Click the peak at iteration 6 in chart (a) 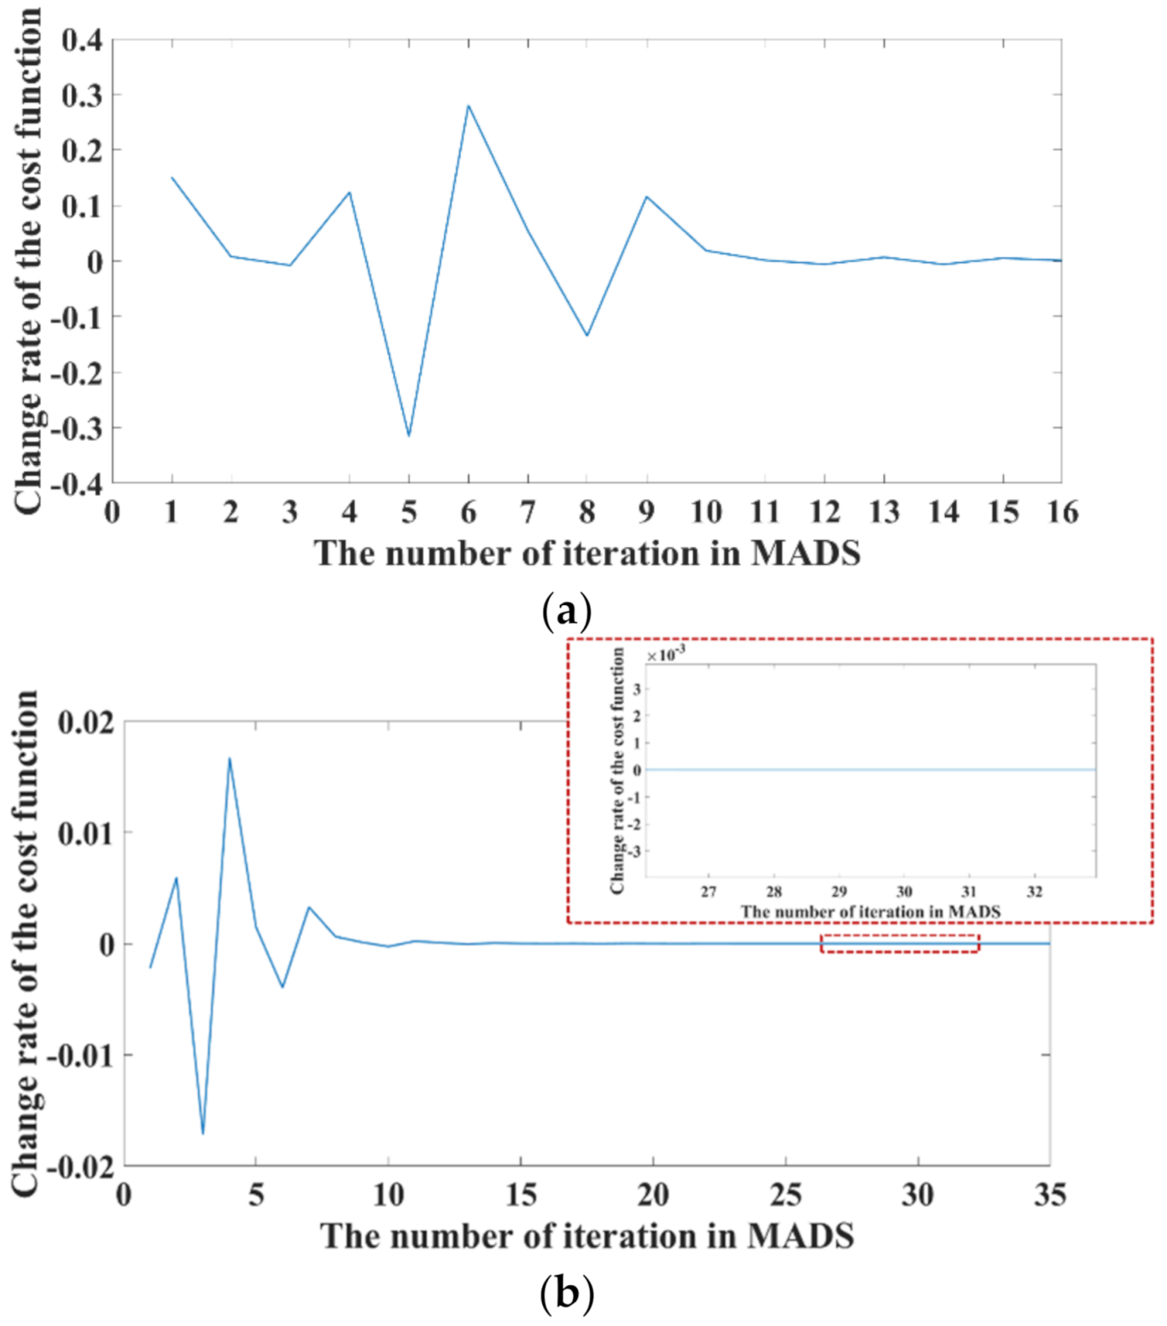point(468,106)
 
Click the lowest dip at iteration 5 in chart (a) point(409,436)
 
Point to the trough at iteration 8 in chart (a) point(587,335)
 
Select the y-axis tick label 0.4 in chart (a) point(81,40)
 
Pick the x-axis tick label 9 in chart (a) point(646,512)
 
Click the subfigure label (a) point(566,611)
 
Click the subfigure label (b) point(566,1294)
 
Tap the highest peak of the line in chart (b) point(229,758)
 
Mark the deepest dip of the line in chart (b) point(203,1134)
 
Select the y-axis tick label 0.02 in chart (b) point(85,723)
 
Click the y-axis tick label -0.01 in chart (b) point(80,1056)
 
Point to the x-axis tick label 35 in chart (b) point(1049,1195)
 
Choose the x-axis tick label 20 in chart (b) point(653,1195)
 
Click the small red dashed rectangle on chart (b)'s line point(900,943)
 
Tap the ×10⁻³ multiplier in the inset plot point(666,655)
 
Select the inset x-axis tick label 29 point(839,892)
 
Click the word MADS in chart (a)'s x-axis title point(805,554)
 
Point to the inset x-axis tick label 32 point(1035,892)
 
